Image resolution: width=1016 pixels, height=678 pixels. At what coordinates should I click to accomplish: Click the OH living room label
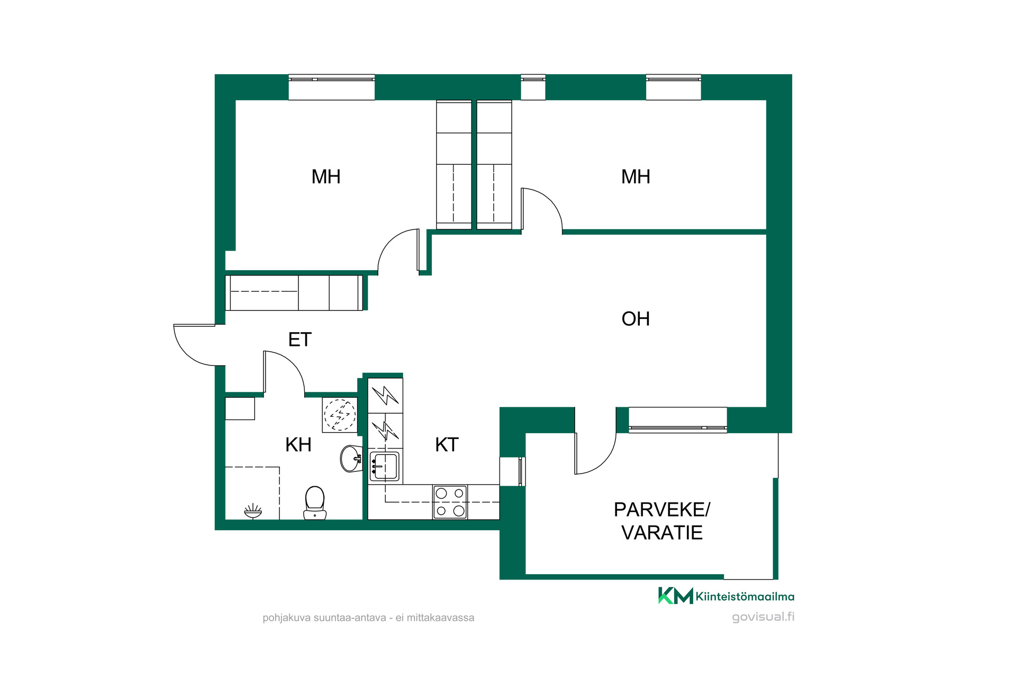[636, 319]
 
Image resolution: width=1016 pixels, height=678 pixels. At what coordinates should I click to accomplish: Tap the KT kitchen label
[447, 445]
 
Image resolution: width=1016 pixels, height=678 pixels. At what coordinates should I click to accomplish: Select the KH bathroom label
[298, 445]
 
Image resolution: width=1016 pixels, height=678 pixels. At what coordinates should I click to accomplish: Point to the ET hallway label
[300, 340]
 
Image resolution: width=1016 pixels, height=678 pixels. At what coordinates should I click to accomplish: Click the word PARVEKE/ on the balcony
[662, 510]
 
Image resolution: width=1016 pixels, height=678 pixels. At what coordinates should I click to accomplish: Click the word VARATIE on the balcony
[662, 533]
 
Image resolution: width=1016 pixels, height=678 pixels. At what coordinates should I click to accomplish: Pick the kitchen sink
[385, 466]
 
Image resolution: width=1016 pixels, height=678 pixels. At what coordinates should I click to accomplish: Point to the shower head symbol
[253, 511]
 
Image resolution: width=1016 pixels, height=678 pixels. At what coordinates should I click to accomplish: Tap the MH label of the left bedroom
[326, 177]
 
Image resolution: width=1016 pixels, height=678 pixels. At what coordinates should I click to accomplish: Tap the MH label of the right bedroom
[636, 177]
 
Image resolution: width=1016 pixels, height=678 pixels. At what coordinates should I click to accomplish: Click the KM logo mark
[676, 595]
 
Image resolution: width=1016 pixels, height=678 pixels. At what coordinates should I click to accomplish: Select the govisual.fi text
[763, 617]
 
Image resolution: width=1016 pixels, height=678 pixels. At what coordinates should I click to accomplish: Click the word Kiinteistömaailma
[745, 596]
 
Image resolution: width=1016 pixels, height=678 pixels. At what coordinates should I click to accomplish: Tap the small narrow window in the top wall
[533, 87]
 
